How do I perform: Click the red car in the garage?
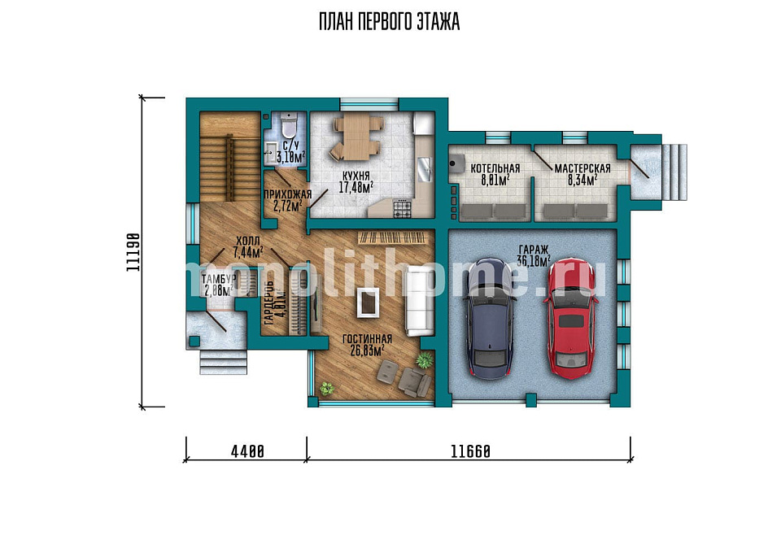coord(572,319)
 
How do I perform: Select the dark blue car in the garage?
coord(490,319)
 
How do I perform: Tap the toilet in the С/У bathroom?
coord(289,124)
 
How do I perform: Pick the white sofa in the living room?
coord(419,300)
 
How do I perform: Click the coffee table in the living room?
coord(369,303)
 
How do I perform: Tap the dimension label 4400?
coord(247,451)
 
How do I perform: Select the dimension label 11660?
coord(471,451)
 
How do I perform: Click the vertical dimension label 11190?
coord(133,252)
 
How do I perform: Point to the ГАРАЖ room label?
coord(534,250)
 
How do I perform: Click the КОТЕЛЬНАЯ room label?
coord(495,168)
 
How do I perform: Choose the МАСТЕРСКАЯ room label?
coord(582,168)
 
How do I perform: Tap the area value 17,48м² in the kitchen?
coord(356,188)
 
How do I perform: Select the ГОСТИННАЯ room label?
coord(367,339)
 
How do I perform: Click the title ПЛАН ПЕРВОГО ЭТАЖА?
coord(389,23)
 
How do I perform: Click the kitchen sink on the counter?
coord(425,168)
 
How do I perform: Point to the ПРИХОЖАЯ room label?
coord(287,194)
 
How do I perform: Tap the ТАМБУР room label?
coord(218,279)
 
